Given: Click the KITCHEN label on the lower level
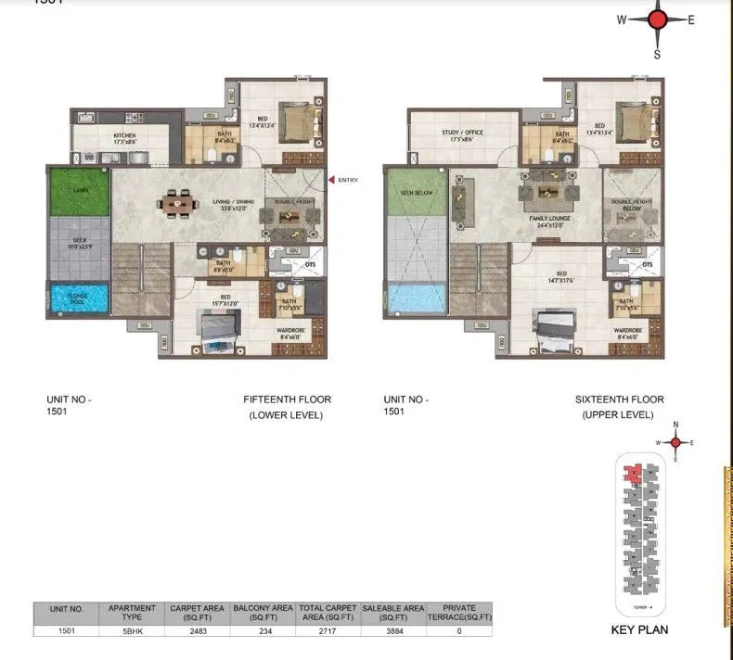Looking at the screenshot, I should coord(124,136).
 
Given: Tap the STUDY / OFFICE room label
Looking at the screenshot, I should coord(462,133).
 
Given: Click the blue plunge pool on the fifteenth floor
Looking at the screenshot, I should coord(79,299).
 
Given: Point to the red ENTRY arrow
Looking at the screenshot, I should coord(330,180).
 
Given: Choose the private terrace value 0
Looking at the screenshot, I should coord(459,630).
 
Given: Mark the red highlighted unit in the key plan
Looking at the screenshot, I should coord(632,473).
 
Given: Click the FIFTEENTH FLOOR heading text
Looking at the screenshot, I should coord(287,400).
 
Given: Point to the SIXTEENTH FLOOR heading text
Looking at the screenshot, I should coord(619,400).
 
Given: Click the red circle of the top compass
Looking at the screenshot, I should coord(658,20).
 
